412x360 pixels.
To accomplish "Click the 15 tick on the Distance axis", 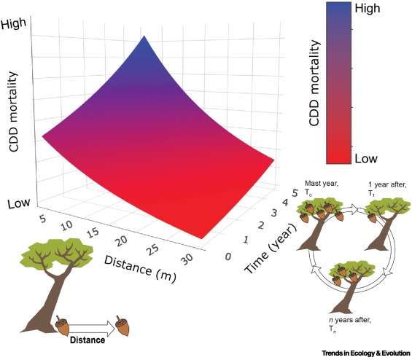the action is [x=92, y=232].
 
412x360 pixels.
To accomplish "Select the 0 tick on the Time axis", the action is [x=228, y=257].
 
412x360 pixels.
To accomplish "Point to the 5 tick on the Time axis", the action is [x=295, y=193].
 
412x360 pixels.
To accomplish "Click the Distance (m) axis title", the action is [x=140, y=269].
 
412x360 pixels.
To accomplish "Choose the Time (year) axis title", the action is [x=271, y=249].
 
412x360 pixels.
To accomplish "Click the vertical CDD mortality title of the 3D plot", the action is [x=13, y=111].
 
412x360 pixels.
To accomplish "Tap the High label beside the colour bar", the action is [x=368, y=8].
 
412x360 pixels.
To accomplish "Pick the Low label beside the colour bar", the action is [x=366, y=158].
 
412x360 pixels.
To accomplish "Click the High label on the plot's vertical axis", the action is [x=14, y=24].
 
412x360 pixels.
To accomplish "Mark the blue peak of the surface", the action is [x=144, y=36].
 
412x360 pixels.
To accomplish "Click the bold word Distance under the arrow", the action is [x=88, y=340].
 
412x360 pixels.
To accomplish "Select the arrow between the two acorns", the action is [x=92, y=328].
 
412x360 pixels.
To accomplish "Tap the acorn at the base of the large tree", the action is [x=62, y=325].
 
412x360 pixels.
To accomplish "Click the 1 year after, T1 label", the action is [x=387, y=189].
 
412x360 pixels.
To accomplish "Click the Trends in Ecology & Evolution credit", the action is [x=366, y=353].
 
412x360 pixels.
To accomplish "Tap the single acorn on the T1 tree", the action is [x=372, y=217].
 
